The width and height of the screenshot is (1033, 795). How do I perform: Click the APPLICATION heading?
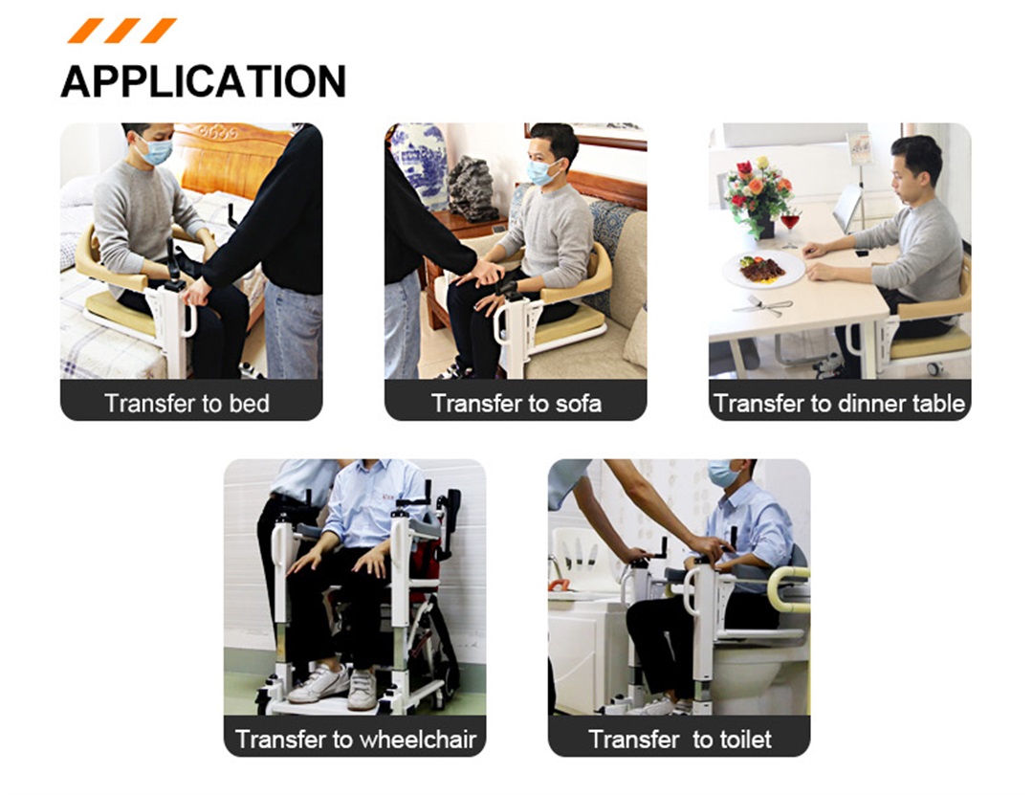click(x=203, y=81)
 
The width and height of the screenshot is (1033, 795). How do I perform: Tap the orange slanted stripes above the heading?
click(x=121, y=31)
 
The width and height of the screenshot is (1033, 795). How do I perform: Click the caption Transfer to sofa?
click(x=516, y=403)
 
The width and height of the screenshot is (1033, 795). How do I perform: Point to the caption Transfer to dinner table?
click(x=839, y=403)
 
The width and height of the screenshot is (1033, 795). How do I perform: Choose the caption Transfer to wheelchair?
click(x=355, y=739)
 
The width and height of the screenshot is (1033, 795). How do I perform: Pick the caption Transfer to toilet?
click(x=679, y=739)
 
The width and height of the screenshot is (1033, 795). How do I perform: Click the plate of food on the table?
click(x=763, y=268)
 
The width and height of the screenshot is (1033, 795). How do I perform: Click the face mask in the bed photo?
click(x=156, y=151)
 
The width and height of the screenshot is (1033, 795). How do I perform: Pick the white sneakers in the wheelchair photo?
click(x=335, y=684)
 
